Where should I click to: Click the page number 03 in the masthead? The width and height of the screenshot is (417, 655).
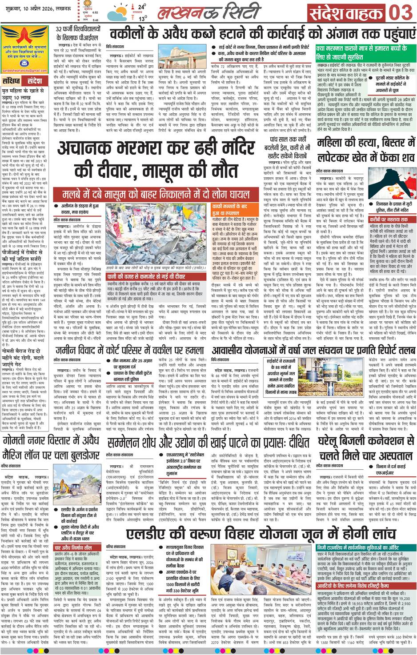click(x=401, y=12)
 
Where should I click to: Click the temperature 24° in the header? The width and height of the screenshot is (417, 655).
click(x=141, y=7)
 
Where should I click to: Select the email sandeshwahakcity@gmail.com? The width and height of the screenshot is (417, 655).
click(x=24, y=71)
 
